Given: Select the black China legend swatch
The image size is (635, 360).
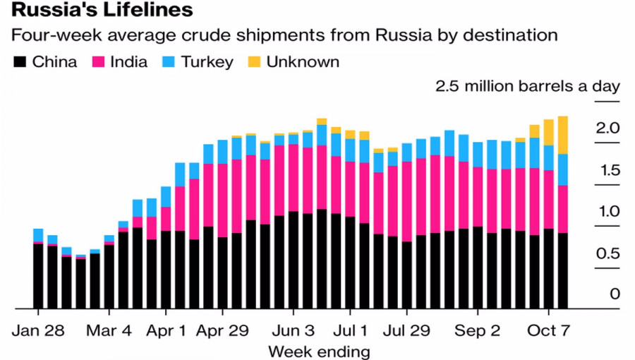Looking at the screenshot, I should click(x=20, y=62).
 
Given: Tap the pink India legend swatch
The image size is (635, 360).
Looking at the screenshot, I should click(x=98, y=62).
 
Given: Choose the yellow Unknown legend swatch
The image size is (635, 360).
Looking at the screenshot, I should click(x=253, y=62).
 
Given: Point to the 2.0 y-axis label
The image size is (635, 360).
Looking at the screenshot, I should click(x=607, y=128).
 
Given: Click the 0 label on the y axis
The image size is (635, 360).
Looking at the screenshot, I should click(x=615, y=294).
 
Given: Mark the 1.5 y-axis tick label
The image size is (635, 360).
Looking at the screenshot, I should click(x=607, y=170).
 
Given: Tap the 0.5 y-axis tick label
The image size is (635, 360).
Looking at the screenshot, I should click(x=607, y=253).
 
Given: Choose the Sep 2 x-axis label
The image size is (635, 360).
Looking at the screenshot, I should click(x=477, y=330).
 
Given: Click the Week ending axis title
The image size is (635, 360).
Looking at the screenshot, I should click(x=318, y=351).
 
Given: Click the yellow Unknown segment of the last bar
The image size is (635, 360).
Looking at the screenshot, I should click(x=562, y=135).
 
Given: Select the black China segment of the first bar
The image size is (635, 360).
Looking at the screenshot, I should click(x=38, y=276).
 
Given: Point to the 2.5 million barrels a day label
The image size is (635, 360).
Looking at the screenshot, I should click(x=527, y=87).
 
